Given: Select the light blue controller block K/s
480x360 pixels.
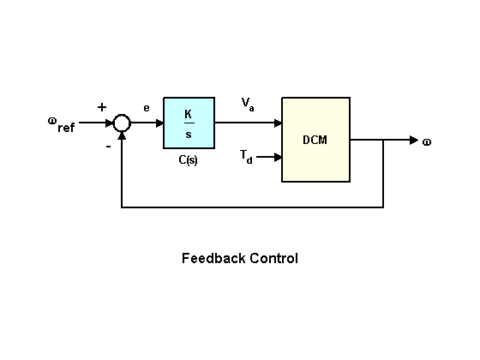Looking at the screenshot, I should point(189,123).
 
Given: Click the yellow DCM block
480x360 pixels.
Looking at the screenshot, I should point(315,140).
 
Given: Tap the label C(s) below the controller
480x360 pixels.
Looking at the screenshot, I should point(188,160).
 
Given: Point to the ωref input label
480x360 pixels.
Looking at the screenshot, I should point(61,124).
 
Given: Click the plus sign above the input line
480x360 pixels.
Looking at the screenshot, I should point(102,107).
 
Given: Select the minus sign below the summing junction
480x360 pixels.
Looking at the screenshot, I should point(108,146).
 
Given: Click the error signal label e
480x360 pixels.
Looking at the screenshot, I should point(147,108).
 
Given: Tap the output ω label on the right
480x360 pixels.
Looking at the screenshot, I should point(426,141).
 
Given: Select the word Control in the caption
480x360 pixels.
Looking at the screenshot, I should point(273,258).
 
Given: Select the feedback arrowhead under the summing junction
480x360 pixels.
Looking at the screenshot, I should point(122,136).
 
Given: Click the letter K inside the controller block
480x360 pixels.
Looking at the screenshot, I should point(189,113).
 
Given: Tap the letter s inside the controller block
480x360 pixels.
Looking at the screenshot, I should point(189,133).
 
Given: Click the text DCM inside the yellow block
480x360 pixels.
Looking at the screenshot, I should point(315,140).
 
